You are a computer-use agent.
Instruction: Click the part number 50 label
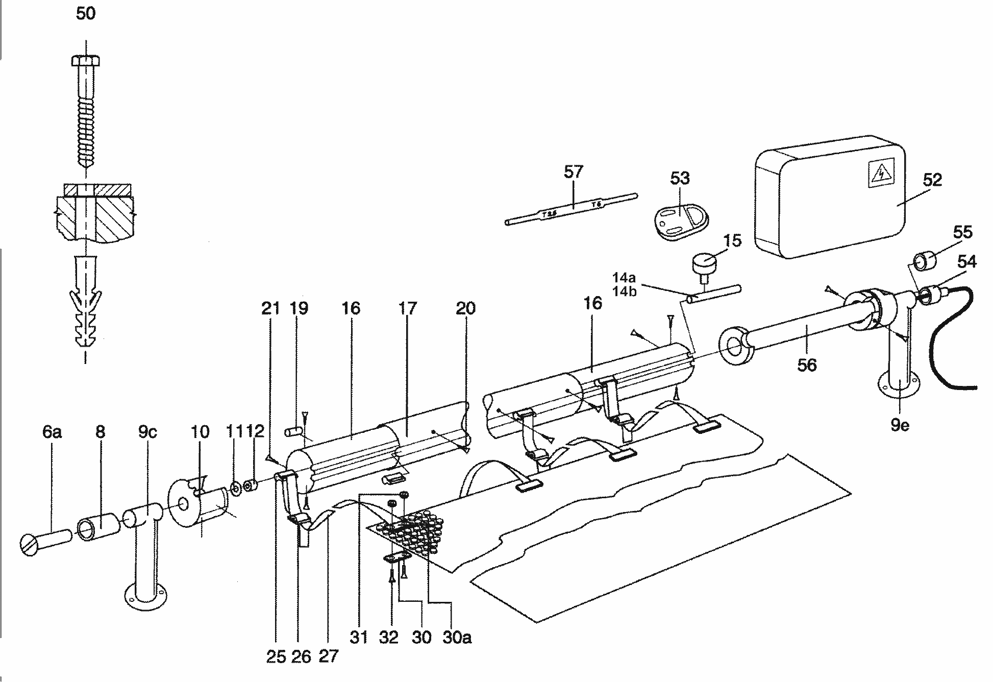click(85, 13)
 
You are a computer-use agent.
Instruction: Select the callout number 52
click(932, 180)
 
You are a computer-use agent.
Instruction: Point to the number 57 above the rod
click(573, 172)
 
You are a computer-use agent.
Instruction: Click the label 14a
click(625, 278)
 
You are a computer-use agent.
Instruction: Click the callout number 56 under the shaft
click(807, 364)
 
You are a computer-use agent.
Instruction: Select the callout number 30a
click(457, 637)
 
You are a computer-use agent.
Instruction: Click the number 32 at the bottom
click(389, 637)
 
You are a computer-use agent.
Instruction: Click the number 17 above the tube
click(407, 308)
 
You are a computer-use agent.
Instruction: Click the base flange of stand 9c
click(145, 596)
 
